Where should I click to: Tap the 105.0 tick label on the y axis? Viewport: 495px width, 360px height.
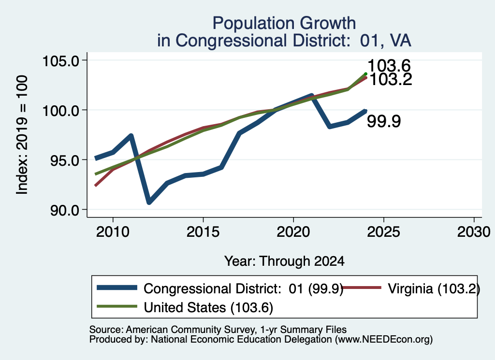(60, 60)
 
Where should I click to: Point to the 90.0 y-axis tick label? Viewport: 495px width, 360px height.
(64, 210)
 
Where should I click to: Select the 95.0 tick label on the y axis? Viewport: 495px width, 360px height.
(64, 160)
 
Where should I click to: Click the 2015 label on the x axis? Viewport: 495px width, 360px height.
(203, 232)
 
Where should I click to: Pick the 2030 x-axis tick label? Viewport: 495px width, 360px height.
(474, 232)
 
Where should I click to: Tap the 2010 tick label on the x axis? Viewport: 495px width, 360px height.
(113, 232)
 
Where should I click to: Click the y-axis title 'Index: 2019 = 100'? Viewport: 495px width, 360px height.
(22, 135)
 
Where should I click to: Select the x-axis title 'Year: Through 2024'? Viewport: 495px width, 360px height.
(284, 261)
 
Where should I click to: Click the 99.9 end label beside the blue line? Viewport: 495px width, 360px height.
(383, 121)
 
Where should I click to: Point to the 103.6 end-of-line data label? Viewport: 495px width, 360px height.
(389, 66)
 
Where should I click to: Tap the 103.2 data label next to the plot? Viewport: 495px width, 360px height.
(391, 79)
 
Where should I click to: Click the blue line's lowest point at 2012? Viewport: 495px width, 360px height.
(149, 202)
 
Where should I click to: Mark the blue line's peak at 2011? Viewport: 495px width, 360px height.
(131, 136)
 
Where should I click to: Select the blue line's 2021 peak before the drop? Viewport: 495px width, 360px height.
(311, 95)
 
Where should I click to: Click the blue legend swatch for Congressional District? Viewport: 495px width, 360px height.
(117, 288)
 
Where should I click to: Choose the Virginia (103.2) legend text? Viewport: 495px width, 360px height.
(434, 288)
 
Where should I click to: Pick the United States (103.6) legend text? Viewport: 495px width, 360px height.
(208, 308)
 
